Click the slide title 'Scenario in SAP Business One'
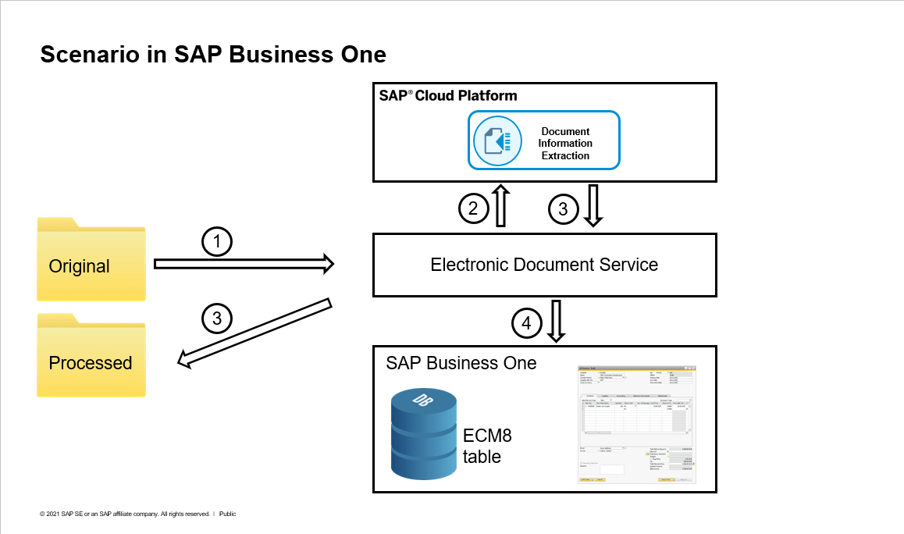click(212, 55)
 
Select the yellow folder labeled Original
click(91, 259)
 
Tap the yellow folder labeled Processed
click(91, 355)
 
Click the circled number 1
click(218, 244)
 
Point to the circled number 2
click(473, 208)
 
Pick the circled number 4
click(527, 322)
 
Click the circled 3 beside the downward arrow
click(563, 208)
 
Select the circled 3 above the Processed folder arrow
click(217, 318)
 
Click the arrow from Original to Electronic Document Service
click(244, 265)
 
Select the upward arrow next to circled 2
click(501, 206)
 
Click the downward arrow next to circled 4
click(556, 321)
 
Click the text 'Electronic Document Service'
click(544, 265)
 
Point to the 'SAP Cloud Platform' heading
click(447, 96)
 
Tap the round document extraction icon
click(497, 141)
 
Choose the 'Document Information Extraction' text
click(565, 143)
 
